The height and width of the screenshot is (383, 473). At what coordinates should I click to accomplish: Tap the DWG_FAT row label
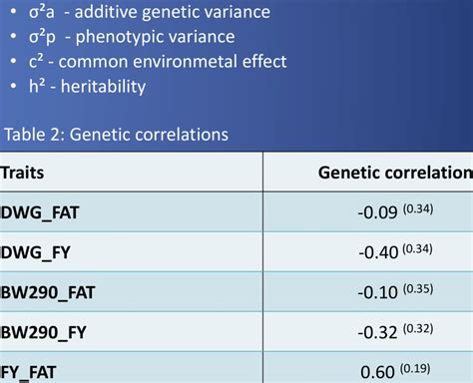[42, 212]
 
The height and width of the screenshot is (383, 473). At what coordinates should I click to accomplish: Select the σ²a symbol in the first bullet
[38, 12]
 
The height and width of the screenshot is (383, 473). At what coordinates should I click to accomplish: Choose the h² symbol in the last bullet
[37, 86]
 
